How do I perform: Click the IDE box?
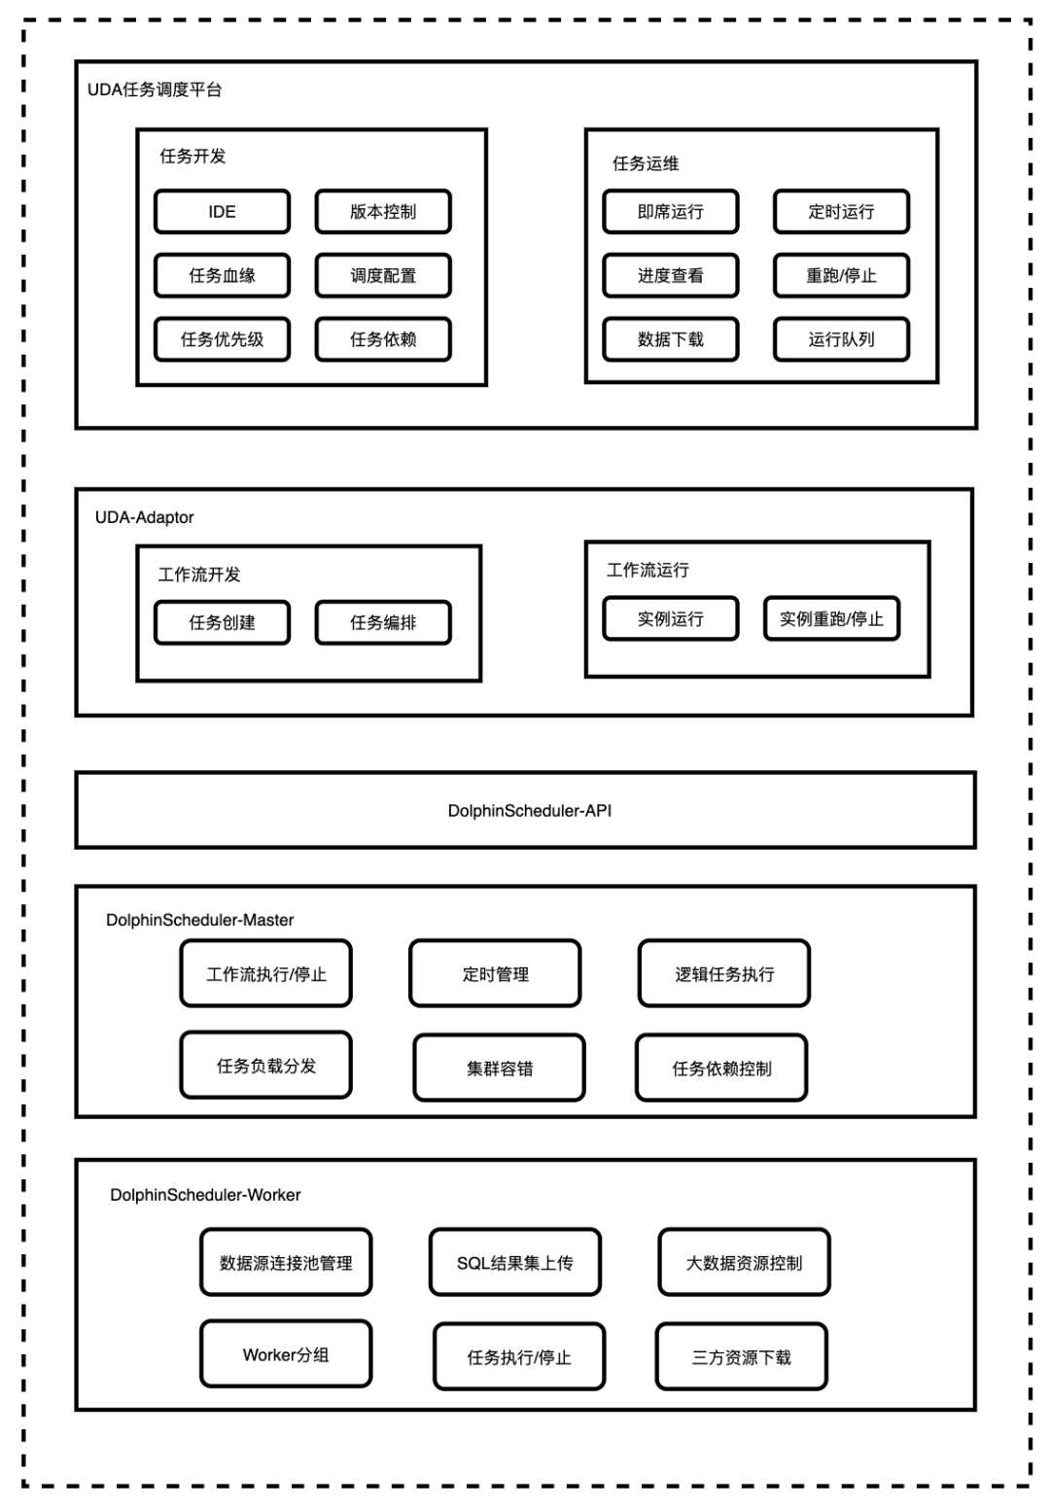[x=222, y=212]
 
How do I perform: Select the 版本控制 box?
[x=383, y=212]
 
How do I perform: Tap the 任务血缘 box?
[x=222, y=275]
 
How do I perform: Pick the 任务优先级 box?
[x=222, y=339]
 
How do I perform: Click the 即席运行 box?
[x=671, y=212]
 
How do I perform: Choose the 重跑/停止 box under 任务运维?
[x=842, y=275]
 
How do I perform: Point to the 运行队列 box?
[x=842, y=339]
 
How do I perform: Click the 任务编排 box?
[x=383, y=622]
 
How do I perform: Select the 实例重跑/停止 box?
[x=831, y=618]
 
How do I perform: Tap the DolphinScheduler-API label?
[x=529, y=811]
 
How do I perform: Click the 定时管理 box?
[x=495, y=973]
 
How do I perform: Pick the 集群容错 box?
[x=499, y=1068]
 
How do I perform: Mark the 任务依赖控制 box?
[x=721, y=1068]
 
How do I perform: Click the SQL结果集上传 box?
[x=515, y=1262]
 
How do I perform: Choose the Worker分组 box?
[x=286, y=1353]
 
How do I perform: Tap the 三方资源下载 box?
[x=741, y=1356]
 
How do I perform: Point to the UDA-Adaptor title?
[x=144, y=517]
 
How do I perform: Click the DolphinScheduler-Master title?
[x=199, y=920]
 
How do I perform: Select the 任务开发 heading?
[x=192, y=157]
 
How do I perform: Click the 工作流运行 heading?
[x=647, y=570]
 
